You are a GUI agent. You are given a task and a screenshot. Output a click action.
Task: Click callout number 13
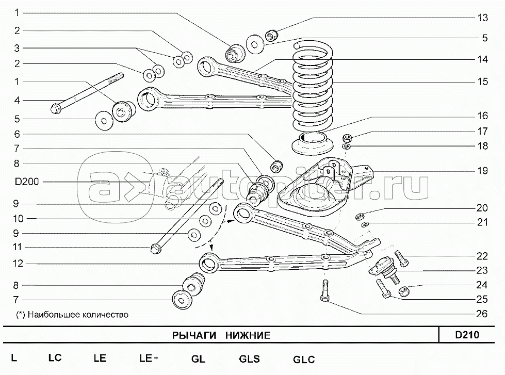coord(482,18)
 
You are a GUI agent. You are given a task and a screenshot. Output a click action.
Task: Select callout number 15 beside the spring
coord(482,81)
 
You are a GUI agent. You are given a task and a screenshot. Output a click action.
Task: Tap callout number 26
coord(482,313)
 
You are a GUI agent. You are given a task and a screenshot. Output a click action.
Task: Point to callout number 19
coord(482,171)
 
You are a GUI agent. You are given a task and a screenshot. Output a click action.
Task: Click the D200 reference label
coord(27,182)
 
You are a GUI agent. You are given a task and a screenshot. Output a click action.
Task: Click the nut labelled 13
coord(272,35)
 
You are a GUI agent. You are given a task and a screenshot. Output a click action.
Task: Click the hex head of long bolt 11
coord(154,250)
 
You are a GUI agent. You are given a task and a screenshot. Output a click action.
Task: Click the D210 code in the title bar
coord(467,335)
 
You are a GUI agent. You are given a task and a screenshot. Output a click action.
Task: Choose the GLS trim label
coord(249,360)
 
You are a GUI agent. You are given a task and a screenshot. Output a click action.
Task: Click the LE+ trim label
coord(149,358)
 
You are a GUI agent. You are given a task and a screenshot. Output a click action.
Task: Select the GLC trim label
coord(303,360)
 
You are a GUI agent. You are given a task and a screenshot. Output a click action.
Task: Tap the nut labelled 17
coord(347,138)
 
